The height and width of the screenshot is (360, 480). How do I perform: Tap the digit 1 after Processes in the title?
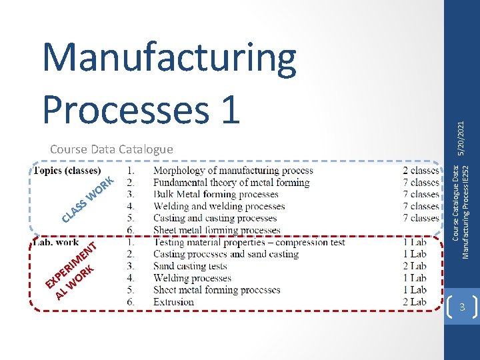coord(227,107)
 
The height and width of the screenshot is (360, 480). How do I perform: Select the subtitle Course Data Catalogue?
coord(111,149)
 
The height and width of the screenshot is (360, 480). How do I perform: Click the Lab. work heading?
coord(56,243)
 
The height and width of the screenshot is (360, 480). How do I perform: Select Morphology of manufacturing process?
coord(233,171)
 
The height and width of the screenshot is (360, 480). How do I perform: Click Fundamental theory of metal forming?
coord(231,183)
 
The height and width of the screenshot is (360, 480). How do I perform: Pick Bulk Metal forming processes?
coord(216,195)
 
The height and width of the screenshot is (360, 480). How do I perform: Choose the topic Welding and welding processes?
coord(219,207)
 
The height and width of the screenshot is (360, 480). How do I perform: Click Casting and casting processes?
coord(215,219)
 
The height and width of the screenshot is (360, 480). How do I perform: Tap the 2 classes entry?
coord(421,171)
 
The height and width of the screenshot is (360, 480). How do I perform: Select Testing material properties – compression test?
coord(249,243)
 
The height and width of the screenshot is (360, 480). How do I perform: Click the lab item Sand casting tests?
coord(190,267)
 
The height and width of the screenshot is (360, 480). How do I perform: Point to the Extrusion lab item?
coord(173,302)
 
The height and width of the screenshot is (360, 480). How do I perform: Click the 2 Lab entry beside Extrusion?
coord(414,302)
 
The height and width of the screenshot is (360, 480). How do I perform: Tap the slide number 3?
coord(461,307)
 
